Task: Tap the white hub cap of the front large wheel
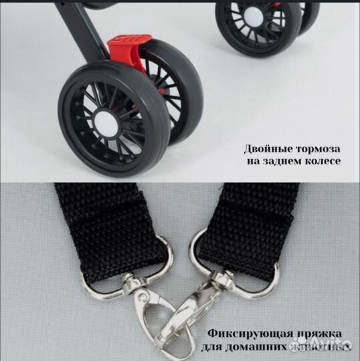point(104,124)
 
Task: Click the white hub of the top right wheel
point(254,17)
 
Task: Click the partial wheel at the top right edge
point(308,17)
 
